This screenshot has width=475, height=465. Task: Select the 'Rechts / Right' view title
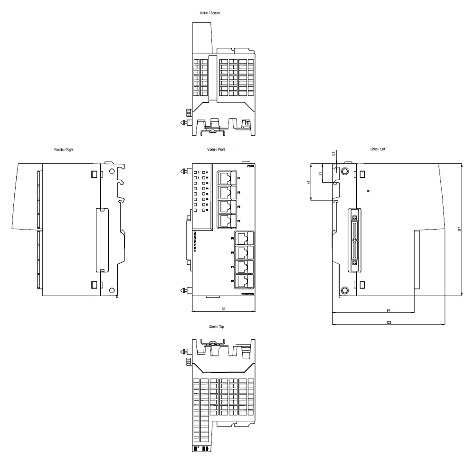point(64,149)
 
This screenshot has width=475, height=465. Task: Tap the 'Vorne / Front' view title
point(216,149)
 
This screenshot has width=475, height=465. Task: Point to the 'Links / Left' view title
point(378,149)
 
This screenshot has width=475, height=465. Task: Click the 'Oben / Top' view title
point(217,327)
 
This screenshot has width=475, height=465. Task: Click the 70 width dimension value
point(223,309)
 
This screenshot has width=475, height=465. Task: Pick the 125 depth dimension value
point(389,323)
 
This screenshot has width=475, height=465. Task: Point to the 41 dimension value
point(308,182)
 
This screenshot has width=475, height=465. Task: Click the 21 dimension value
point(321,173)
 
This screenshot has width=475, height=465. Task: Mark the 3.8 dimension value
point(334,154)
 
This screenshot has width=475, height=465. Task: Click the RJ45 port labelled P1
point(227,179)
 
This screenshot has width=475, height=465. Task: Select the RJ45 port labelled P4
point(227,221)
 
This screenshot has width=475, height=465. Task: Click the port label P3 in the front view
point(238,207)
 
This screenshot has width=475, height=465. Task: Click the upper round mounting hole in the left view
point(345,171)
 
